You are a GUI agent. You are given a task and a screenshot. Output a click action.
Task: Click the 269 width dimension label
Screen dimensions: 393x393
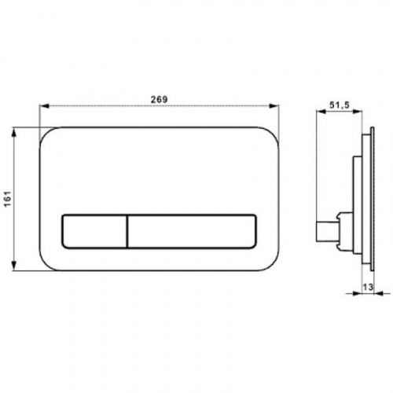pyautogui.click(x=159, y=100)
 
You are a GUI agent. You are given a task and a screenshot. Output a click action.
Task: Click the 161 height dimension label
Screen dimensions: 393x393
pyautogui.click(x=9, y=199)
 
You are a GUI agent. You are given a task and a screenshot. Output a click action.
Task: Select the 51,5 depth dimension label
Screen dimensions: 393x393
pyautogui.click(x=340, y=105)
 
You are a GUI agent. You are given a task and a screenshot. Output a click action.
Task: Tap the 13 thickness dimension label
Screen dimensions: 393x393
pyautogui.click(x=368, y=287)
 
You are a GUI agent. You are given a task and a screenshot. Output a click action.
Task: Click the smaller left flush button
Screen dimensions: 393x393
pyautogui.click(x=94, y=231)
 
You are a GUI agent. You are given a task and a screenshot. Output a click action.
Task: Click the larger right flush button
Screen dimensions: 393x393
pyautogui.click(x=192, y=231)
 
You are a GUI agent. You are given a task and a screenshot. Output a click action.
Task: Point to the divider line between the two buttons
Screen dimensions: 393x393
pyautogui.click(x=127, y=231)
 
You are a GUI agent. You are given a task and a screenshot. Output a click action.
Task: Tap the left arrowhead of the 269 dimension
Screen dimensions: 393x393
pyautogui.click(x=44, y=106)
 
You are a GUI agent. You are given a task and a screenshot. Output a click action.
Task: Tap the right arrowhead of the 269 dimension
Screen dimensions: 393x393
pyautogui.click(x=274, y=106)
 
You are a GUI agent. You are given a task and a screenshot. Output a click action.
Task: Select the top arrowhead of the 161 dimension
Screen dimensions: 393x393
pyautogui.click(x=14, y=133)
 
